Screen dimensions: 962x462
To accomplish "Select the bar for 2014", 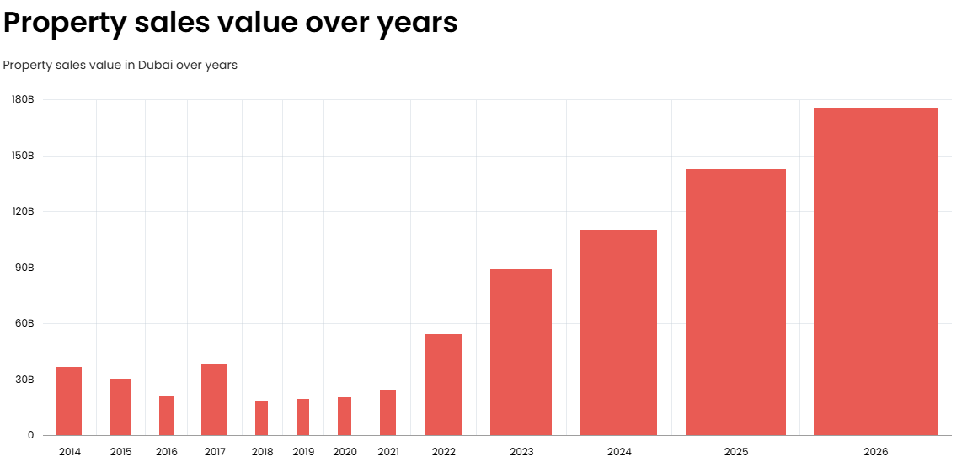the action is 69,401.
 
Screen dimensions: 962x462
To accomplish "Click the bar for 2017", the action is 214,400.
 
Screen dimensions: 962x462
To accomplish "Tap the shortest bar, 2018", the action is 261,418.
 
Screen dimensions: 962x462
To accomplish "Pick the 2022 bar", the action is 443,385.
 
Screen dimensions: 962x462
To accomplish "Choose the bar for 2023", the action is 521,353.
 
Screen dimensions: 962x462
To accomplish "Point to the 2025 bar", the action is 735,302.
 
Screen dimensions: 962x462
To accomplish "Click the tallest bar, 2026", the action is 875,272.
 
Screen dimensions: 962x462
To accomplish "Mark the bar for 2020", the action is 345,417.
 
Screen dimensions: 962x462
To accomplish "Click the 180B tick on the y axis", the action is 23,99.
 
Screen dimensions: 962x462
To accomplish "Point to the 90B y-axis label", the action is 24,268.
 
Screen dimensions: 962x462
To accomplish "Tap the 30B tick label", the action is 24,380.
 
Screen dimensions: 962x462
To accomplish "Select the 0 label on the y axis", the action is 30,436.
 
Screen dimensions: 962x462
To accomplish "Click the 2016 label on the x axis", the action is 166,452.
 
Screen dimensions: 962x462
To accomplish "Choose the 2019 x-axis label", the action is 303,452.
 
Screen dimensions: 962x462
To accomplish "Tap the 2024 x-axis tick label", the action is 619,452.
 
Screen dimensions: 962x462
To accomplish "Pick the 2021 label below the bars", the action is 387,452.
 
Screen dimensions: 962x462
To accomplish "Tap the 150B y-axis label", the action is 23,156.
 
